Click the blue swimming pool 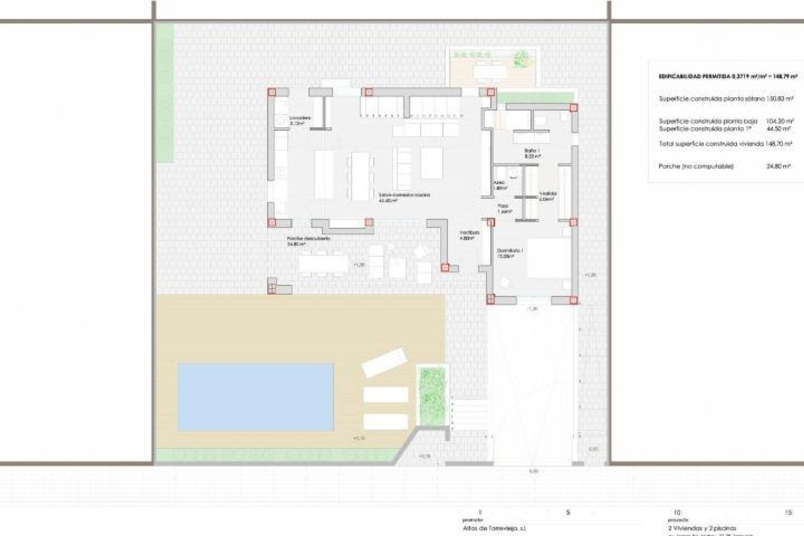pyautogui.click(x=256, y=397)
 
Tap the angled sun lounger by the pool pyautogui.click(x=384, y=363)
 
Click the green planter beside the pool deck pyautogui.click(x=433, y=392)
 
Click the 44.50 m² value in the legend pyautogui.click(x=782, y=129)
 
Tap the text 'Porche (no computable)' pyautogui.click(x=696, y=167)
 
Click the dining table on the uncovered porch pyautogui.click(x=324, y=264)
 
